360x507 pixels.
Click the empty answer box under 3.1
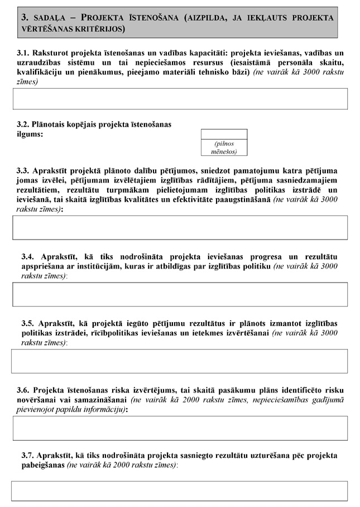pyautogui.click(x=180, y=99)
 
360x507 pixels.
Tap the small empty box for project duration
pyautogui.click(x=223, y=134)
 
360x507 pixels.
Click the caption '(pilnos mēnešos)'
pyautogui.click(x=223, y=147)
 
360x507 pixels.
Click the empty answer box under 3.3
pyautogui.click(x=180, y=227)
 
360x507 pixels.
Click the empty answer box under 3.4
pyautogui.click(x=180, y=294)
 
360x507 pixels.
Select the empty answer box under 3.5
pyautogui.click(x=180, y=361)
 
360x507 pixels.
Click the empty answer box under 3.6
pyautogui.click(x=180, y=428)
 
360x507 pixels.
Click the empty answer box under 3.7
pyautogui.click(x=180, y=491)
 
